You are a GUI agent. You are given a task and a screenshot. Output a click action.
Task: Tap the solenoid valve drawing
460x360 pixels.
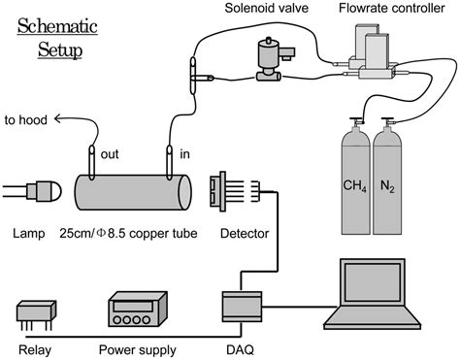point(274,60)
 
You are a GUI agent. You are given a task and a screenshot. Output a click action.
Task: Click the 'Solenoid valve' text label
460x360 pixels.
point(267,8)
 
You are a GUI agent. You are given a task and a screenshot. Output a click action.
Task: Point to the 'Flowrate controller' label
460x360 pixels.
point(392,8)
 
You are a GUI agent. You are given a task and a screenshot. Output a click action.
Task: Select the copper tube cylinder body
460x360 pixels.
point(133,192)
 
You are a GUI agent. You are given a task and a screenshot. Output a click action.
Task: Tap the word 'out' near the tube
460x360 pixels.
point(110,154)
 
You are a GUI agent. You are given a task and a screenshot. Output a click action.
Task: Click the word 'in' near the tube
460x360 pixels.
point(184,154)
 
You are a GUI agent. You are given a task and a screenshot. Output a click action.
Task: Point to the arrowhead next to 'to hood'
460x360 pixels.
point(58,119)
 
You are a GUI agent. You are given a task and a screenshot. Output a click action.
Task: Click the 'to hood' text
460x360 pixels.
point(26,120)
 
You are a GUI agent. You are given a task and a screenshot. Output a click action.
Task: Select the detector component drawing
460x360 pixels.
point(235,191)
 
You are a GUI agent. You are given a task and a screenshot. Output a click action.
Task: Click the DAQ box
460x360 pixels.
point(242,307)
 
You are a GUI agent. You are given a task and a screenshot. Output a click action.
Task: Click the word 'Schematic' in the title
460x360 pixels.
point(57,26)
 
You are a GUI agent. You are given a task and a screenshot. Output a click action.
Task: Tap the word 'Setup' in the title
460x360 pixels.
point(60,50)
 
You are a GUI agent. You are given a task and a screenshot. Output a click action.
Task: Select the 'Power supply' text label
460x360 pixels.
point(138,350)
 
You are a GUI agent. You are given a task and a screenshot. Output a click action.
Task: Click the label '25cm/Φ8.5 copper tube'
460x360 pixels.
point(128,233)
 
